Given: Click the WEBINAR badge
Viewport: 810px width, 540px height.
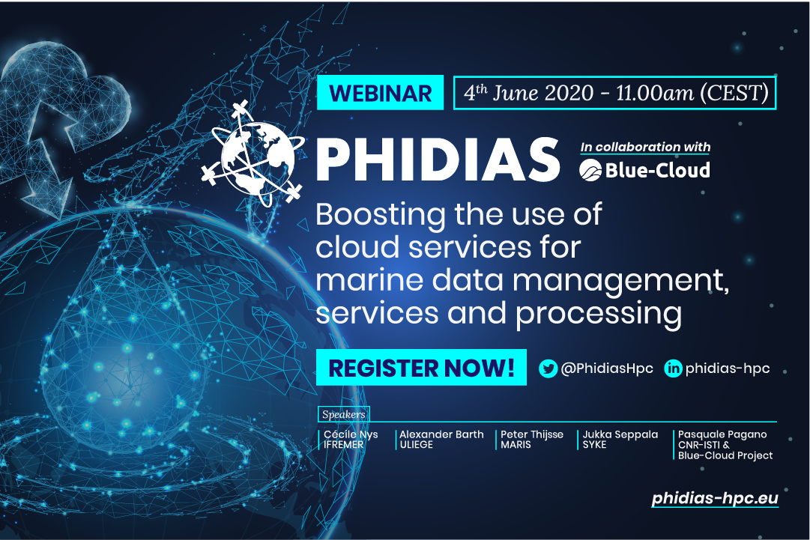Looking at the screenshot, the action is (380, 92).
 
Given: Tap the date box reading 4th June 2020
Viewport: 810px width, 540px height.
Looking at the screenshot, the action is (614, 93).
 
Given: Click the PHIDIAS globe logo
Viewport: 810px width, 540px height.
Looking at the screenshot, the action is (253, 154).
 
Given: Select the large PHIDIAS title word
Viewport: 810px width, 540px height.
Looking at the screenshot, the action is (438, 160).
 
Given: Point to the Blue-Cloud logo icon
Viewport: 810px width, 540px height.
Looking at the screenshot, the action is (590, 170).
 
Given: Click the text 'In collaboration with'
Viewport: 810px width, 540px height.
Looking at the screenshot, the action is (645, 147).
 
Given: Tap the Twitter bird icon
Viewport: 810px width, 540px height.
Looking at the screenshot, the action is (548, 368).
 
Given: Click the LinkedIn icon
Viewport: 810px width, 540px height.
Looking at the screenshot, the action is (673, 368).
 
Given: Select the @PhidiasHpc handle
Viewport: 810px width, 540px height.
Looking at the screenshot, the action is (607, 368).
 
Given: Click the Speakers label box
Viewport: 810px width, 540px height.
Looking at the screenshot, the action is (343, 414).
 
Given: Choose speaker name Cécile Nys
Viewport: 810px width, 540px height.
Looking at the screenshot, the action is (351, 434).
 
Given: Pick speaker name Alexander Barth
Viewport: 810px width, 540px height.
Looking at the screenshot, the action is (441, 434).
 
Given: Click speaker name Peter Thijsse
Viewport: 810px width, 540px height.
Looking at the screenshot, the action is (532, 434).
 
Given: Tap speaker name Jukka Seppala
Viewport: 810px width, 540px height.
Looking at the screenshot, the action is (620, 434).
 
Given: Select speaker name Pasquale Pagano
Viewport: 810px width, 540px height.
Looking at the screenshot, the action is (722, 434).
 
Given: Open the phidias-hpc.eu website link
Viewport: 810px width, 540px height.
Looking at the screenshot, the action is (715, 498).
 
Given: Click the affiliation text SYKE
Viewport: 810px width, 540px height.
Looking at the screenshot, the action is (595, 444).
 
